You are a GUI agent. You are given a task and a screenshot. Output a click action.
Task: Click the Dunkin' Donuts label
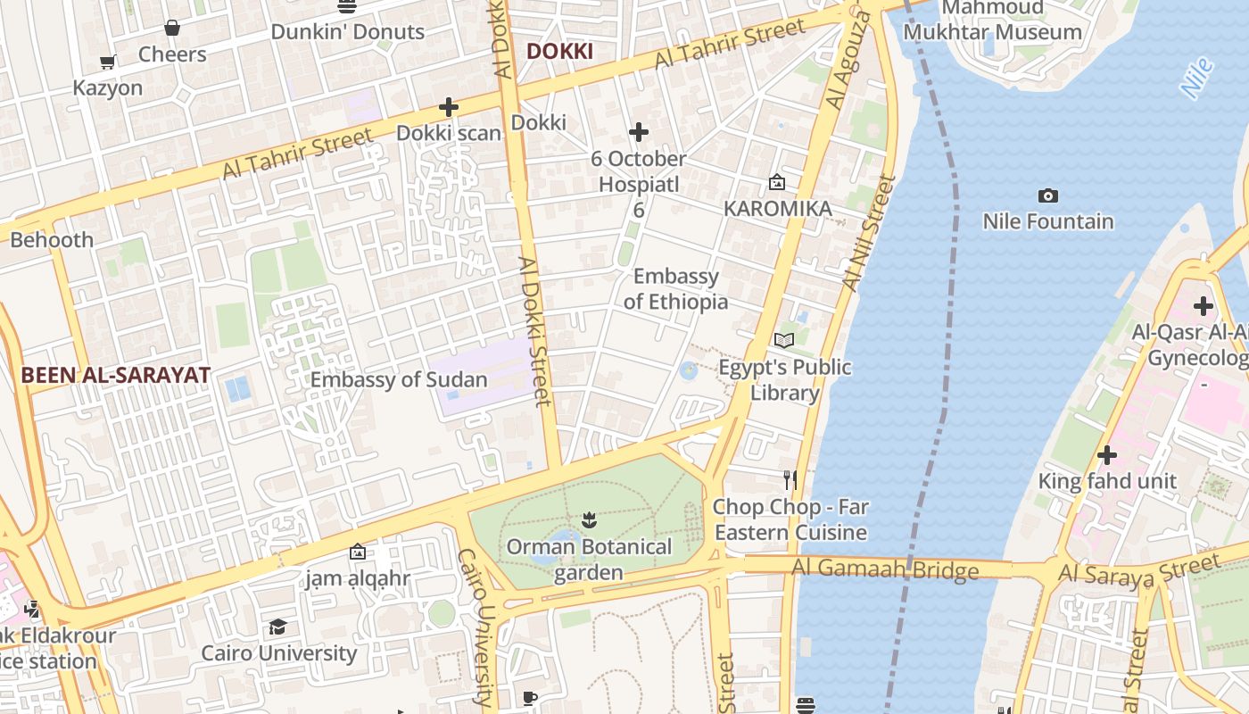(x=347, y=31)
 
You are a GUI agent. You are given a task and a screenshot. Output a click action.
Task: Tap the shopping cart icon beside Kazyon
(x=108, y=62)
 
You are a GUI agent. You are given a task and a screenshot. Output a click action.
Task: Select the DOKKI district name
(x=559, y=52)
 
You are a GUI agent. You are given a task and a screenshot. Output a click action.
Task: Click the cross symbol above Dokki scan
(x=449, y=107)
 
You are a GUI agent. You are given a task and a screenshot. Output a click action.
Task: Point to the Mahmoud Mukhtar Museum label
(x=992, y=21)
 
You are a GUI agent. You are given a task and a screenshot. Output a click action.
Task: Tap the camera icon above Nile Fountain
(x=1048, y=195)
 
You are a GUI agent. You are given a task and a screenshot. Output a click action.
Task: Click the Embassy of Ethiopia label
(x=675, y=289)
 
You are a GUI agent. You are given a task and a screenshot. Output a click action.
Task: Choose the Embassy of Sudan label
(x=399, y=379)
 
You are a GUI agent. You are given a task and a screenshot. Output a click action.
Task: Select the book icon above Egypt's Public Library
(x=784, y=340)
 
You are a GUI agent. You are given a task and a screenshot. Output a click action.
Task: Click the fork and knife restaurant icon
(x=790, y=480)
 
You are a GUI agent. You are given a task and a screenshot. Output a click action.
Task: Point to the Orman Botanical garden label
(x=589, y=560)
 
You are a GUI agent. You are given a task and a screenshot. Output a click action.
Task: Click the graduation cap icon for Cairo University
(x=278, y=627)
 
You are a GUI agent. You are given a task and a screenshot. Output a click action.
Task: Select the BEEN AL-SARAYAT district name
(x=116, y=375)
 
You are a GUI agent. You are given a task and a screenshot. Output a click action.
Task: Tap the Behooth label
(x=52, y=240)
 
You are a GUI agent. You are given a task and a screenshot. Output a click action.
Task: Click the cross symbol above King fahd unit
(x=1107, y=455)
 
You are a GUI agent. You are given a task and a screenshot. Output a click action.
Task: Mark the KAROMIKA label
(x=777, y=209)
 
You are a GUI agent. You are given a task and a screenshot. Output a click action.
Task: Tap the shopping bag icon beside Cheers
(x=172, y=29)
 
